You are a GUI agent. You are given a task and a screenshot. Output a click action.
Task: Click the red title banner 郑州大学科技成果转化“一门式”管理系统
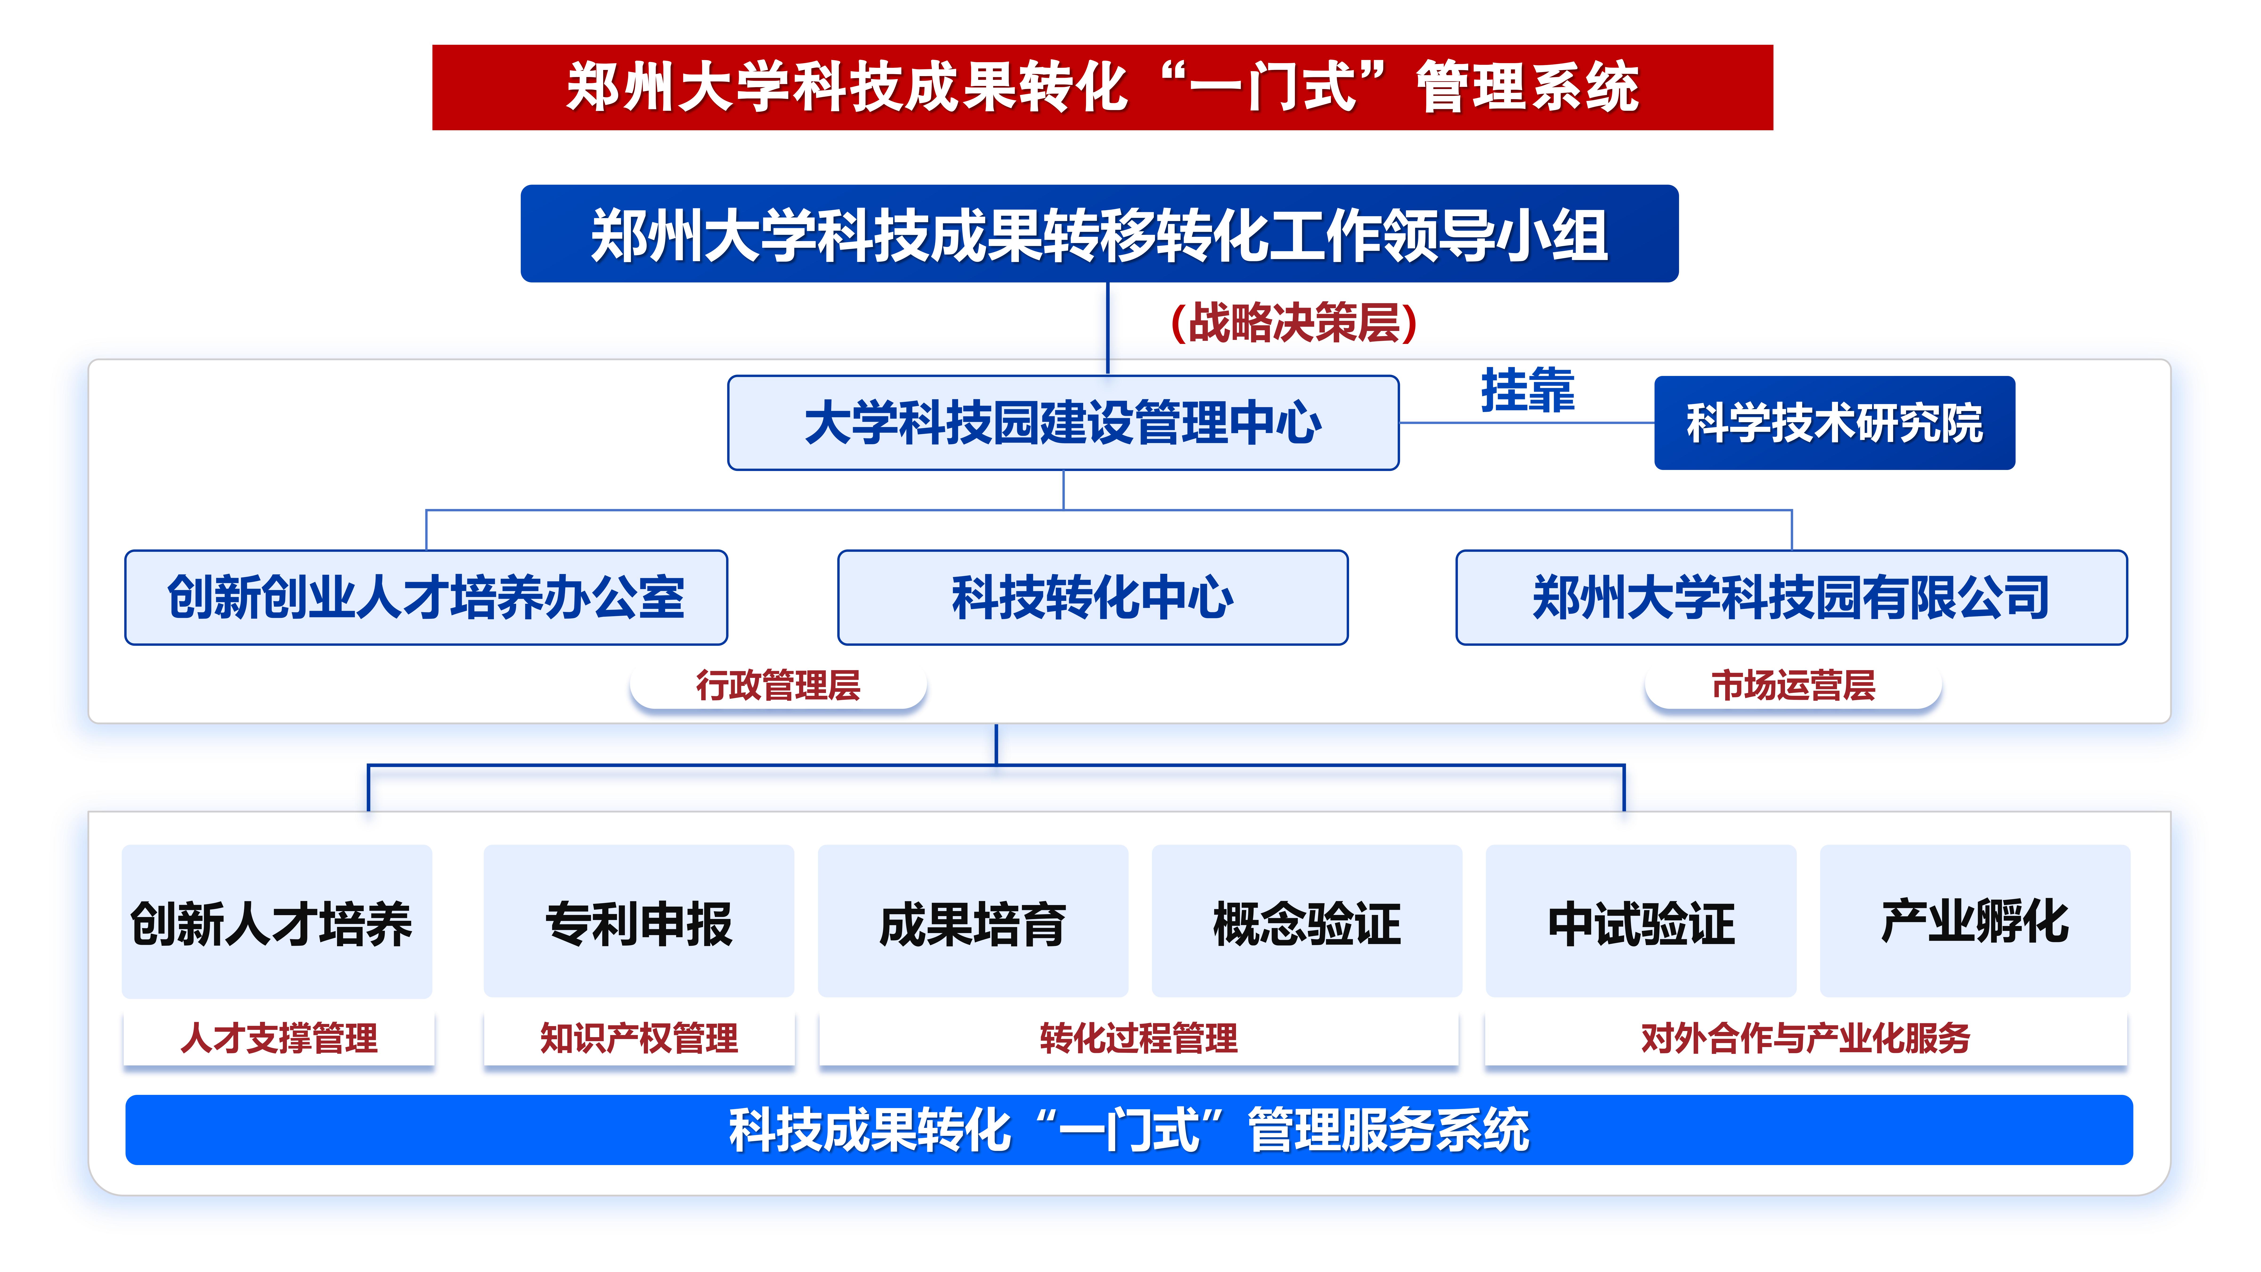[x=1102, y=88]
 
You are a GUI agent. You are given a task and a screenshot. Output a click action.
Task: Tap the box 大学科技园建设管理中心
[x=1063, y=423]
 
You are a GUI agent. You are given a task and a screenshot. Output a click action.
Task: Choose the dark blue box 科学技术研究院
[x=1834, y=423]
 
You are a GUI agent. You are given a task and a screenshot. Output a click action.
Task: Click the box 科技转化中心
[x=1093, y=598]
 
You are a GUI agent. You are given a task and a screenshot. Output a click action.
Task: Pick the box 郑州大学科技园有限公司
[x=1791, y=598]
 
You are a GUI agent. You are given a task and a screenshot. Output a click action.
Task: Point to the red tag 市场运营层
[x=1793, y=686]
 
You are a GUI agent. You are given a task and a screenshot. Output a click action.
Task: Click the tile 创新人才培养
[x=277, y=922]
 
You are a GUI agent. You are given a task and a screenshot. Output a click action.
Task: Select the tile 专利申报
[x=639, y=922]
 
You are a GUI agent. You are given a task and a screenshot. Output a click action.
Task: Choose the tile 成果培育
[x=972, y=922]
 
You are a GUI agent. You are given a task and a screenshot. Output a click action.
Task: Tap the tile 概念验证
[x=1307, y=922]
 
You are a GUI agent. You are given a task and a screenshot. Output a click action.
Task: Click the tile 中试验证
[x=1641, y=922]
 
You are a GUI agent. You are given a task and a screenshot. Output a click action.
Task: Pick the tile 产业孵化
[x=1975, y=922]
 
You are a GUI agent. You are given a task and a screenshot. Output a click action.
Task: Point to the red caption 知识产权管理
[x=639, y=1039]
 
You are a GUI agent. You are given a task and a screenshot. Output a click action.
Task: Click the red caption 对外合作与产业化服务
[x=1806, y=1039]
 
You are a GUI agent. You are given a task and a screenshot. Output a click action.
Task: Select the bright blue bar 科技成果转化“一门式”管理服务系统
[x=1129, y=1130]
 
